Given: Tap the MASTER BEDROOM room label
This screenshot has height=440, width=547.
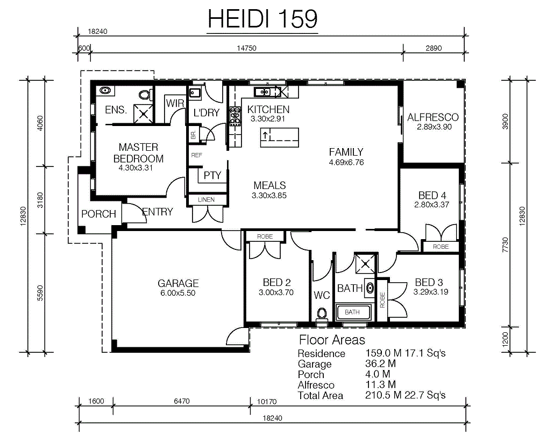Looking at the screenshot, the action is click(138, 152).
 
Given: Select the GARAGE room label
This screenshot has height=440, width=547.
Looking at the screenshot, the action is click(178, 283).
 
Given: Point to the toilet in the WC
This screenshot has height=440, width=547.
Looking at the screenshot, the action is click(322, 314).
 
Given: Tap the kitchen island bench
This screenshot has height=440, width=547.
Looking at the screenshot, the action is click(280, 137).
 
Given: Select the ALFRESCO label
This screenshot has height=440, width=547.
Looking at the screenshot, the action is click(433, 117).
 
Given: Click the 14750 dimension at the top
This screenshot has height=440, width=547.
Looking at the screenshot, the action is click(247, 48).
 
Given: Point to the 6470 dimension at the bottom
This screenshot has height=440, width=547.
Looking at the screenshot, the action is click(182, 401).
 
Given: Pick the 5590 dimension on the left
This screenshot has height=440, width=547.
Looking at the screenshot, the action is click(40, 293).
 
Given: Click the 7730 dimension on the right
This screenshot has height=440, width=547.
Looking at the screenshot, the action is click(506, 245).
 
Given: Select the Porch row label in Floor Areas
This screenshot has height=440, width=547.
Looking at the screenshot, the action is click(311, 375).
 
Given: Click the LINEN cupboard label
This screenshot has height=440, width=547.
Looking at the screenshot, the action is click(206, 200).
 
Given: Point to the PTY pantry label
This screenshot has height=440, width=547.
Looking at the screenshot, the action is click(212, 176).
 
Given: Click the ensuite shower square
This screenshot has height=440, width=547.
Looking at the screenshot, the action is click(144, 114).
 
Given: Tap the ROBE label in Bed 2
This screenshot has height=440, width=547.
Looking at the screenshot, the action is click(265, 236).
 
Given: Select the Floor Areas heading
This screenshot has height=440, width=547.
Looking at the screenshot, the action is click(332, 340).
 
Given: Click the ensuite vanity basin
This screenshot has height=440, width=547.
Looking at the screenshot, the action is click(105, 91).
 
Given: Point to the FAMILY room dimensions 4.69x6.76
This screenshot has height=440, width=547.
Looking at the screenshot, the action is click(346, 163).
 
